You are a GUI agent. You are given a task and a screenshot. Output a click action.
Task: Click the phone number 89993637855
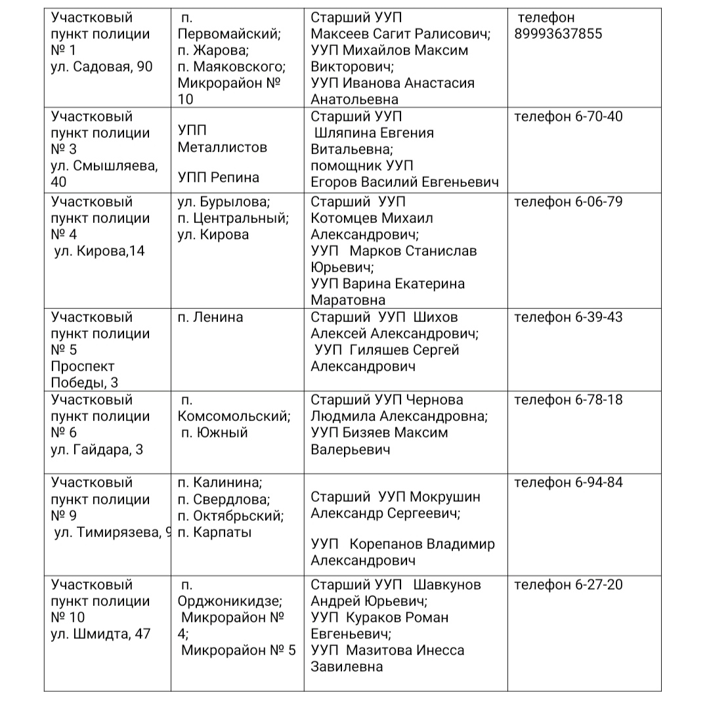pos(558,34)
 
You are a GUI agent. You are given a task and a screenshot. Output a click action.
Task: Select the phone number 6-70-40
pos(599,117)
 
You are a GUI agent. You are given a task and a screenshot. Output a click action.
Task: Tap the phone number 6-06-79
pos(599,202)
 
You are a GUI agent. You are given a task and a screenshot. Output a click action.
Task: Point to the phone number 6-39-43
pos(599,317)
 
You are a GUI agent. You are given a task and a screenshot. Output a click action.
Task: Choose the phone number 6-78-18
pos(599,400)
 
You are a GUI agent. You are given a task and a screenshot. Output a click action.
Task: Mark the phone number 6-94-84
pos(599,483)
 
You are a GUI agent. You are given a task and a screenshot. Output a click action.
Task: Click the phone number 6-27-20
pos(599,585)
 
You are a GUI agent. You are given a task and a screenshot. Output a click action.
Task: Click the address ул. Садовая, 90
pos(102,67)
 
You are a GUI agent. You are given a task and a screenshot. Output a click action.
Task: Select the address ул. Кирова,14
pos(99,251)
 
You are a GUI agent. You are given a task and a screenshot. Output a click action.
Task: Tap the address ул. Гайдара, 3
pos(97,450)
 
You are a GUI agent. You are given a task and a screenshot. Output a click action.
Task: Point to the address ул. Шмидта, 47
pos(100,634)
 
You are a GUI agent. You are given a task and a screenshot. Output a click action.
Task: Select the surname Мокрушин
pos(439,497)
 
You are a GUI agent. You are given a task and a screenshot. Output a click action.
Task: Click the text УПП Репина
pos(218,178)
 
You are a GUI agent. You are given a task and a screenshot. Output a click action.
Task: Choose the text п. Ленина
pos(210,317)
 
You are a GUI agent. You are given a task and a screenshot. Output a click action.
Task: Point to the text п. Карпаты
pos(214,532)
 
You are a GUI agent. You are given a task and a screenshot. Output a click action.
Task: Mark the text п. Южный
pos(215,433)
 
